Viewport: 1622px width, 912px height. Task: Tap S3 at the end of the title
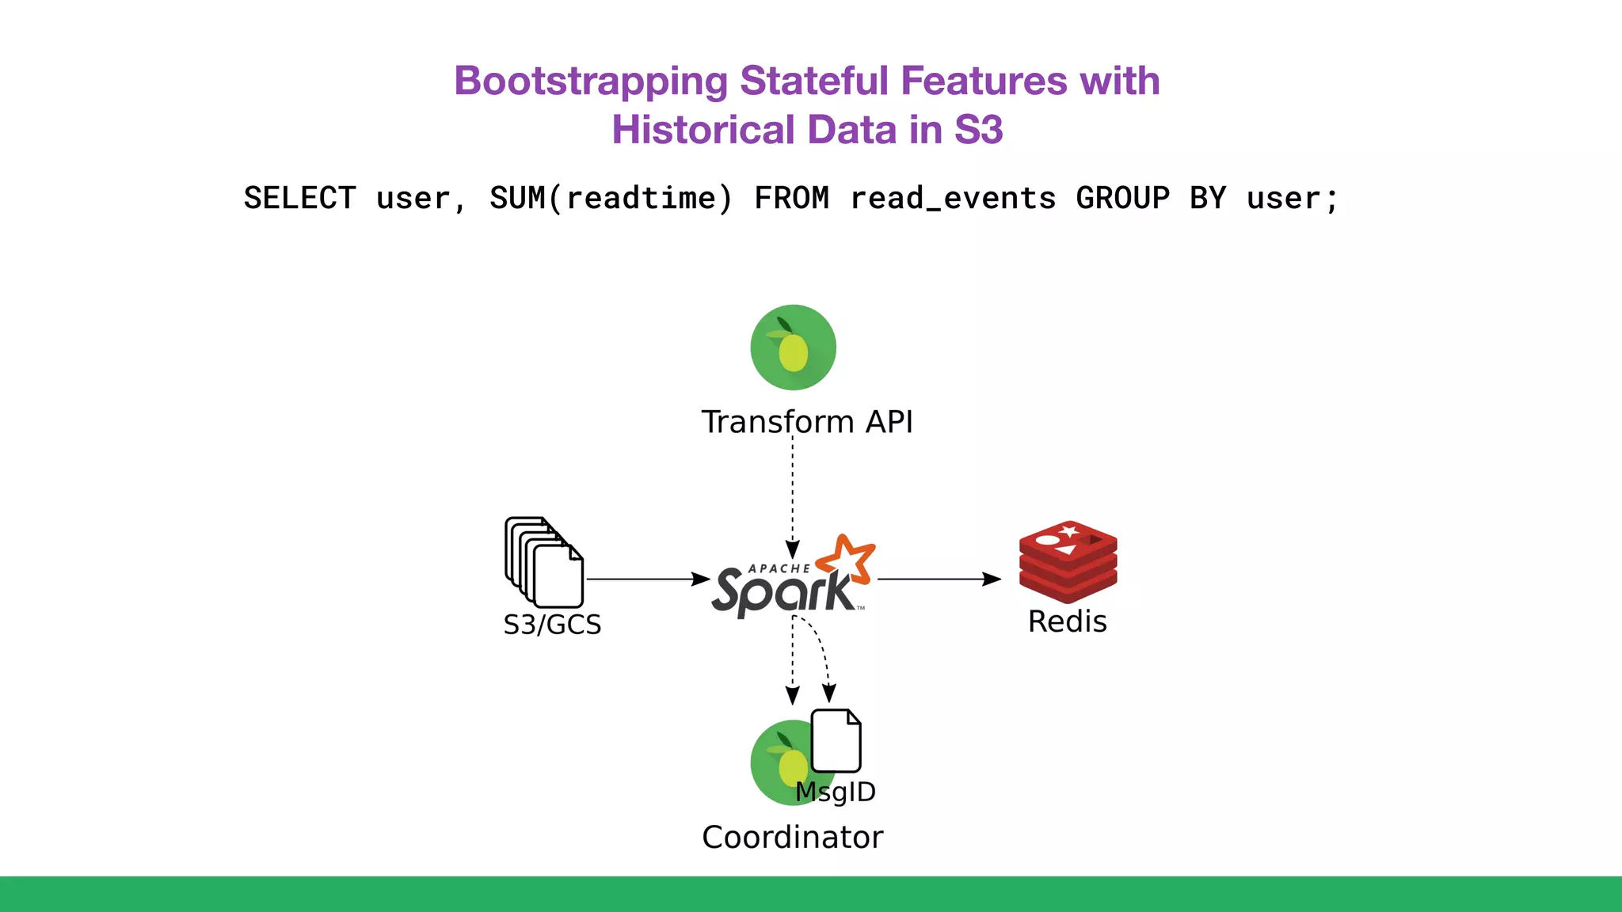tap(978, 130)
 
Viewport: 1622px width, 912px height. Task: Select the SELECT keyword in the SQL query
tap(299, 198)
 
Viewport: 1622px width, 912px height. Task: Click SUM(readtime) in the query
tap(611, 198)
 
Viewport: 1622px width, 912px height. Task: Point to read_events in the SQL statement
tap(953, 198)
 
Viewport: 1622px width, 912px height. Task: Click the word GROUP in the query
tap(1122, 198)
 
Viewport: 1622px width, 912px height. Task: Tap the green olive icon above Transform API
tap(793, 348)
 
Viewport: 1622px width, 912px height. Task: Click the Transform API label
tap(806, 422)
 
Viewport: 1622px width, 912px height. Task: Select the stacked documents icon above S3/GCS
tap(544, 562)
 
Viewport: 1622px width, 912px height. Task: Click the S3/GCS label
tap(552, 625)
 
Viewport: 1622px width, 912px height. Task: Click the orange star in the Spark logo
tap(846, 560)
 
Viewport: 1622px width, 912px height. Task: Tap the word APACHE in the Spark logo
tap(779, 568)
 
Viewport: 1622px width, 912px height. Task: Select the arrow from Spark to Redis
tap(939, 579)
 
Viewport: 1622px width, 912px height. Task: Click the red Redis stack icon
tap(1068, 561)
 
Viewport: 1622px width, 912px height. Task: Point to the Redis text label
tap(1067, 621)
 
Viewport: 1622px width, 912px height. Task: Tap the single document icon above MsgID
tap(836, 741)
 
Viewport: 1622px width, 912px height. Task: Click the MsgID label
tap(836, 792)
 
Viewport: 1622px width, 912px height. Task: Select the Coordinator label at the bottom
tap(792, 838)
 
